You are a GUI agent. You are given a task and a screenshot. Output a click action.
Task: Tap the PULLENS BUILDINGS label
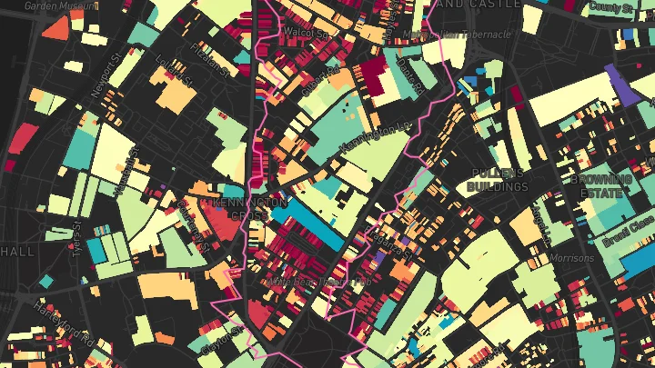coord(497,180)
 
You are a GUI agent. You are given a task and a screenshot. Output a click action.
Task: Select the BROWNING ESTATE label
coord(601,185)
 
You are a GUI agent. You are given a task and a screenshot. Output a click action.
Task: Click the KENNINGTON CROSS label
coord(238,208)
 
